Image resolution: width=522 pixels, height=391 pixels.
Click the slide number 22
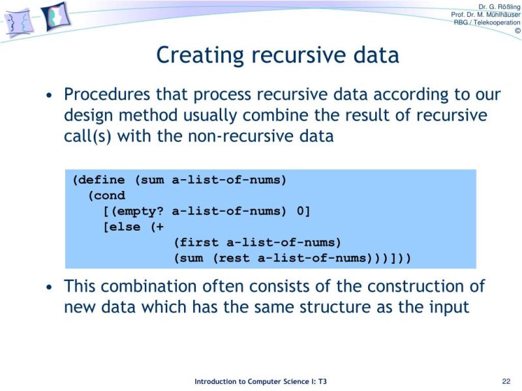click(x=506, y=381)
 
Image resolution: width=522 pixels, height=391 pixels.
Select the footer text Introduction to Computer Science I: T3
click(x=264, y=381)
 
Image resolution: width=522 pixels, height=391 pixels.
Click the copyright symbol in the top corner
click(x=517, y=31)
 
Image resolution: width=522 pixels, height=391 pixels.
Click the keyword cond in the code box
click(x=108, y=195)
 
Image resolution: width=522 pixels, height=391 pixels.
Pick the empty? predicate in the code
click(x=136, y=210)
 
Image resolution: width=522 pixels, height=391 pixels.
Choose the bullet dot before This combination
click(x=50, y=287)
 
